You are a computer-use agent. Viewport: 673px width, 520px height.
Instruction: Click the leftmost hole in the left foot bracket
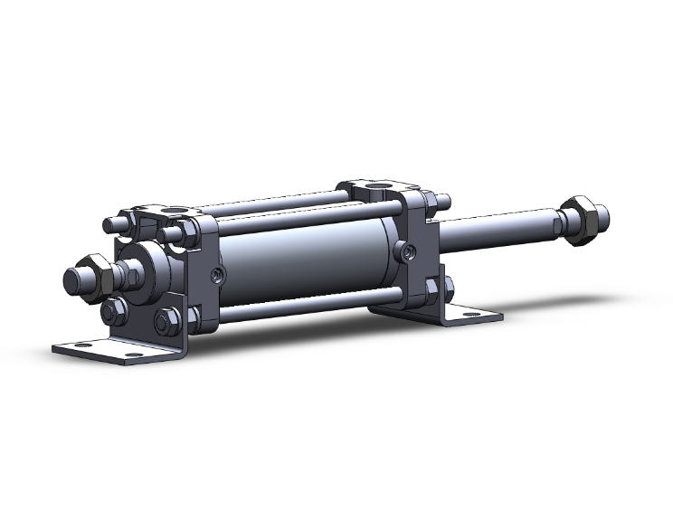pyautogui.click(x=82, y=345)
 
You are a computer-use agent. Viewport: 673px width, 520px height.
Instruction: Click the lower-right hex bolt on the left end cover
pyautogui.click(x=166, y=321)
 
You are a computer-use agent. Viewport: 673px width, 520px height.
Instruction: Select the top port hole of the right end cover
pyautogui.click(x=379, y=190)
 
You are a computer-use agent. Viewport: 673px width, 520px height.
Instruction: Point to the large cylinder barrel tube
pyautogui.click(x=308, y=262)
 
